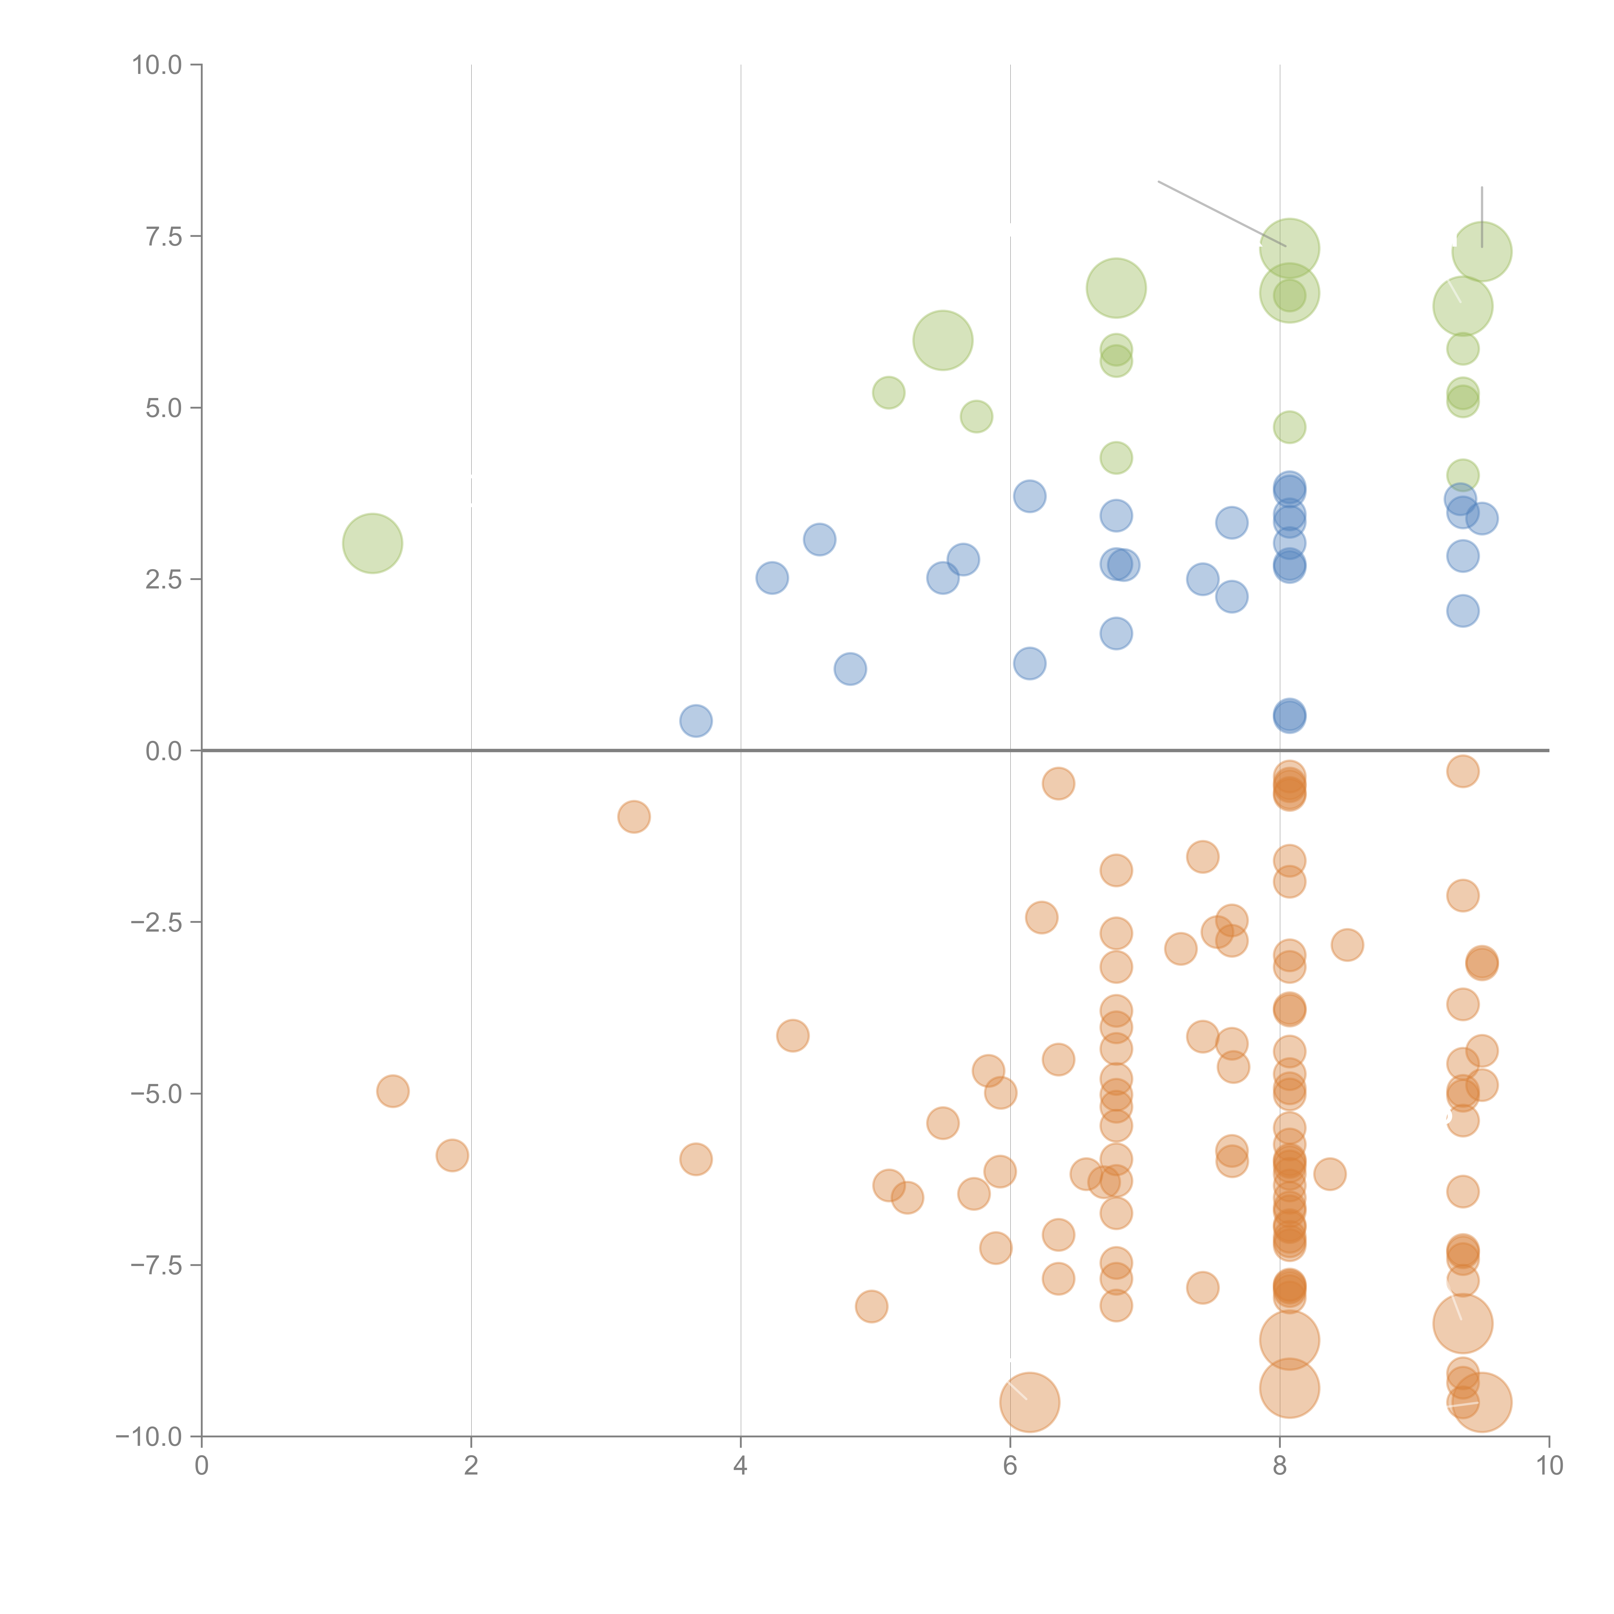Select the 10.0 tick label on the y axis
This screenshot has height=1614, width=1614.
157,65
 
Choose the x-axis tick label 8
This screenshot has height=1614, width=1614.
1280,1466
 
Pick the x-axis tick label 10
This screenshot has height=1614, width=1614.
1549,1466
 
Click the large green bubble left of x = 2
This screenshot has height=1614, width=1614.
373,544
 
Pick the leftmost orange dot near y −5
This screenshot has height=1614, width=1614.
393,1091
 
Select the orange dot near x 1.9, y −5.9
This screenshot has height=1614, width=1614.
452,1155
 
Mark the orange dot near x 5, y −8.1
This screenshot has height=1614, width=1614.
871,1307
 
